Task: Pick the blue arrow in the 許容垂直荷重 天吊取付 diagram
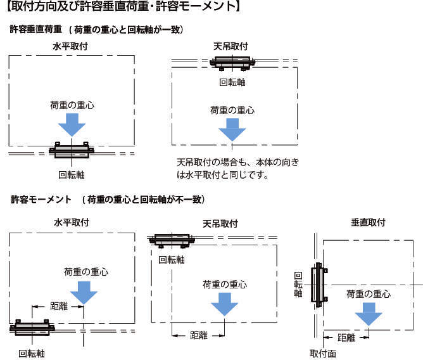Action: (x=232, y=131)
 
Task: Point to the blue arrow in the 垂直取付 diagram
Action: (x=369, y=315)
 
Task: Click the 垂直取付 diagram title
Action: (x=369, y=222)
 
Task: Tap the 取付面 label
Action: (x=322, y=352)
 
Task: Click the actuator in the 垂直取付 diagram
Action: (x=318, y=285)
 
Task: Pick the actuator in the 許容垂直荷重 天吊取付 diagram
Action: (x=232, y=63)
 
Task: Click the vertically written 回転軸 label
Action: (x=298, y=285)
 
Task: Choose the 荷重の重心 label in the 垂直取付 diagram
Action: (x=369, y=293)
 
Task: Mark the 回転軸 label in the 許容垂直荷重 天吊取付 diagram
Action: (x=232, y=82)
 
